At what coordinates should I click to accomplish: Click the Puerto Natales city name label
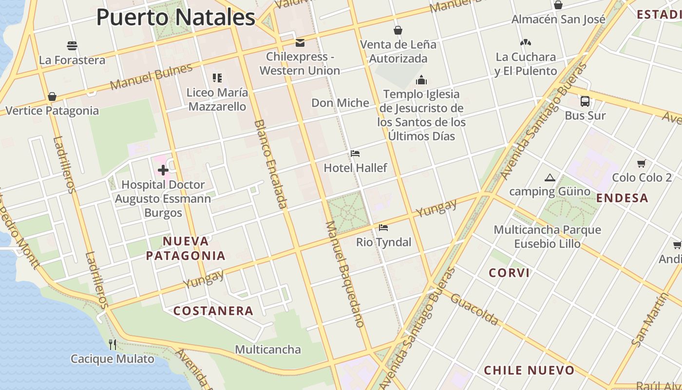coord(175,17)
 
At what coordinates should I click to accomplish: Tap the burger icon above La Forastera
coord(72,46)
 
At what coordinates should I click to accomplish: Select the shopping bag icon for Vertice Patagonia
coord(52,97)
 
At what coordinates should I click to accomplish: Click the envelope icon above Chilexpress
coord(300,43)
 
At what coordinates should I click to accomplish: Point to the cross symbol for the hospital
coord(163,170)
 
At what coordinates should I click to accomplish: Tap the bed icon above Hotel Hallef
coord(355,154)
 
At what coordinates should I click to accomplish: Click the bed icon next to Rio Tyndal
coord(383,228)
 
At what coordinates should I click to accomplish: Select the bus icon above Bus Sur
coord(585,101)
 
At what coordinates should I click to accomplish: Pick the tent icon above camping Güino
coord(550,177)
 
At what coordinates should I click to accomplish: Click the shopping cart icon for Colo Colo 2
coord(642,163)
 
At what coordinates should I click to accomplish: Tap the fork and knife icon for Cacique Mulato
coord(113,345)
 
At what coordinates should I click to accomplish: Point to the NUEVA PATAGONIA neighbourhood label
coord(186,248)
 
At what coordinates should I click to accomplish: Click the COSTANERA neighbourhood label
coord(213,311)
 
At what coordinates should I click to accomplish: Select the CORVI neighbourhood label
coord(509,273)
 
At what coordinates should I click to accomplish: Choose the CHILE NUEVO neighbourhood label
coord(529,370)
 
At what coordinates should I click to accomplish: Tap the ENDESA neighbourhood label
coord(622,198)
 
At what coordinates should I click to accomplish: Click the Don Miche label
coord(340,103)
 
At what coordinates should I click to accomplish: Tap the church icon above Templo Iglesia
coord(421,80)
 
